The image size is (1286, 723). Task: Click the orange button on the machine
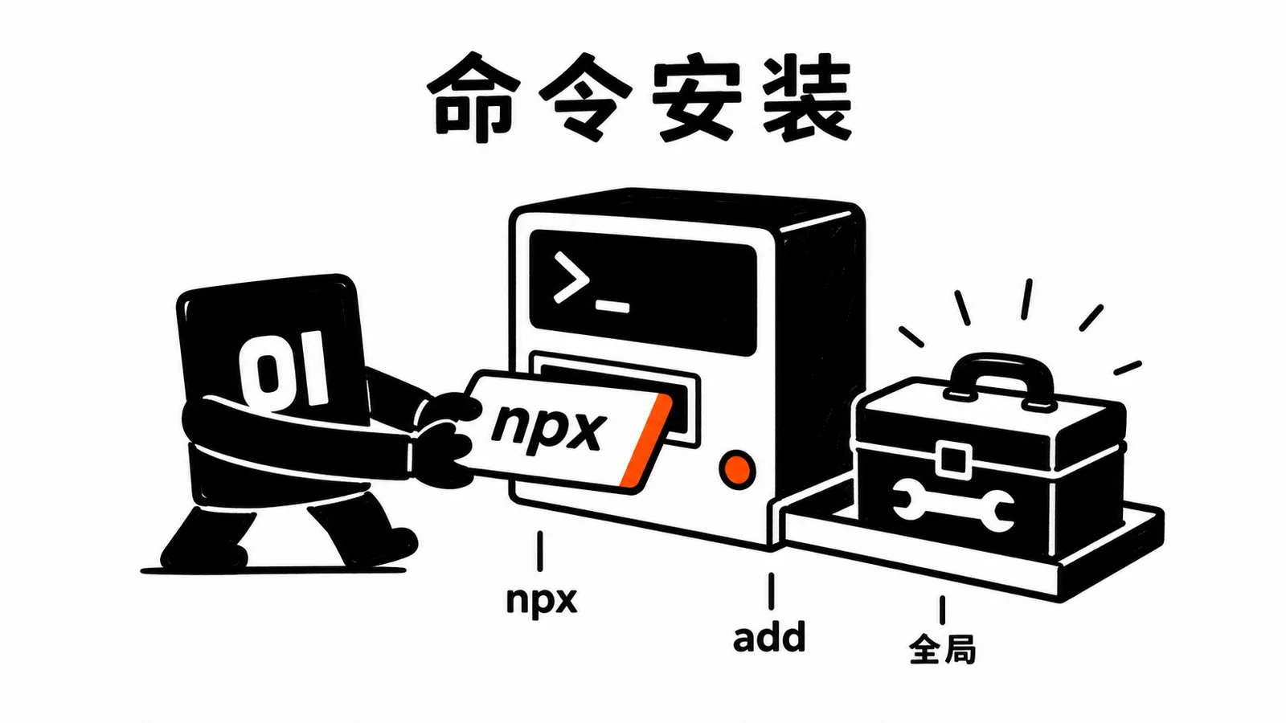(737, 470)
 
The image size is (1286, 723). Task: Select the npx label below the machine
(542, 601)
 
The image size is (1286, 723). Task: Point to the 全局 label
(942, 648)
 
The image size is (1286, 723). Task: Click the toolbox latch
(953, 459)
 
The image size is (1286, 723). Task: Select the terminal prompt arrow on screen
(571, 277)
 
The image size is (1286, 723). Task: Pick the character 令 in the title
(584, 96)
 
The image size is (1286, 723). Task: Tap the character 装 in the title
(807, 97)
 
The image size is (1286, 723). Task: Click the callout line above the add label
(771, 591)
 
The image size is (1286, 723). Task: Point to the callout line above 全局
(942, 610)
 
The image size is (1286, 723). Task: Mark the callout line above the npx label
(539, 551)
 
